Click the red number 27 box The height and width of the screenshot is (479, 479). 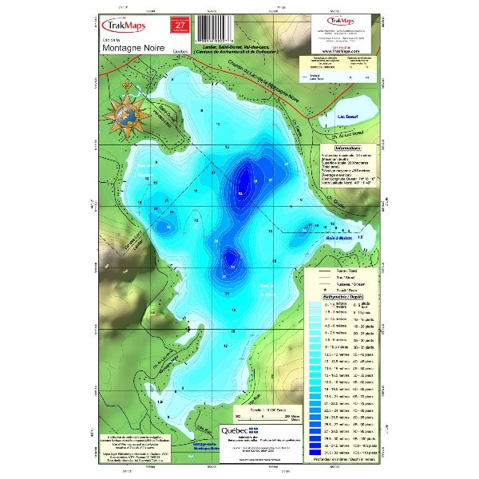(180, 26)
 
